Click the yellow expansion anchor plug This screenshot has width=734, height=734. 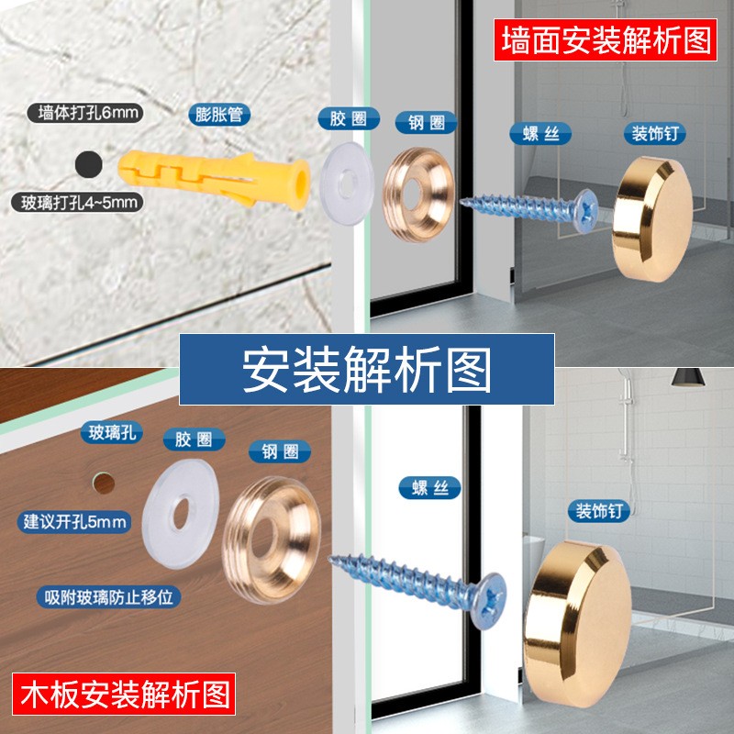[214, 180]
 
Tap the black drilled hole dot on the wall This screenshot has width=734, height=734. [88, 164]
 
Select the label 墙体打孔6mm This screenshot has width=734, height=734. [84, 113]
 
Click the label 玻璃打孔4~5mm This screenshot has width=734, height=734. [78, 202]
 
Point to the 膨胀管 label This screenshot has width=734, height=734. [219, 116]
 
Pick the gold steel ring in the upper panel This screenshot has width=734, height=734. [418, 195]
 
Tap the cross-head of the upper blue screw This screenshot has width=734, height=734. [585, 210]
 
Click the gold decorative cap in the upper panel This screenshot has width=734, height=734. [652, 219]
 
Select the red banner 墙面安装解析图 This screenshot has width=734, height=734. [606, 39]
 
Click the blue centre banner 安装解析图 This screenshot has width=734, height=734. [366, 369]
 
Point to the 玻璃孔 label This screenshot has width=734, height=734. [111, 432]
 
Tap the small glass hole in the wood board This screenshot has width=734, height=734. [104, 484]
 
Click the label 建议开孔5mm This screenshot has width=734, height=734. [74, 521]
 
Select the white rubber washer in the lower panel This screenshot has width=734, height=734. [181, 514]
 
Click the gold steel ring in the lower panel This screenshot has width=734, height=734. [272, 539]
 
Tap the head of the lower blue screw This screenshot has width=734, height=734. [489, 601]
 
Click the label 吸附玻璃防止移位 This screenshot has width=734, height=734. [108, 597]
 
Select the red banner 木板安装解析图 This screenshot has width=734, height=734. [124, 694]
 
